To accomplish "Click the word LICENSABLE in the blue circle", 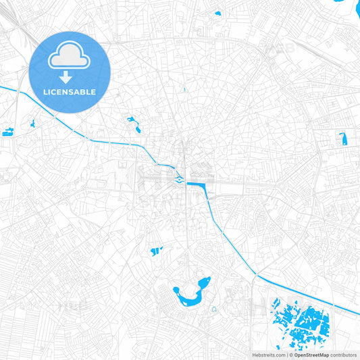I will (70, 92).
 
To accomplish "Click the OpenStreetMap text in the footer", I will (311, 355).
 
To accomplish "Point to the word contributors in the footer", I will (343, 355).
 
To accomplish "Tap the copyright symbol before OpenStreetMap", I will (291, 355).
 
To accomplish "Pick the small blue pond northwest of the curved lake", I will (157, 251).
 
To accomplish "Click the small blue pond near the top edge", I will (217, 13).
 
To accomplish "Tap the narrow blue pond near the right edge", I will (342, 138).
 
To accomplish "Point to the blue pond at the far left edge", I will (8, 132).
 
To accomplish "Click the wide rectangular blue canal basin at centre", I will (198, 183).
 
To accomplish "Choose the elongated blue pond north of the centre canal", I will (134, 124).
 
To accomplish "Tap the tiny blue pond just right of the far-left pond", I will (32, 124).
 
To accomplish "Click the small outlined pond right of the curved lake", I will (213, 309).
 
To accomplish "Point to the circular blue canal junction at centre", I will (177, 178).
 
